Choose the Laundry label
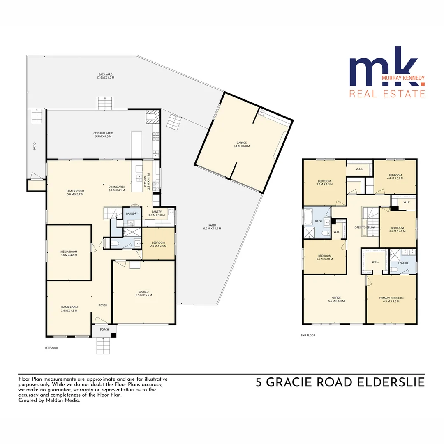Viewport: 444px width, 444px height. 132,214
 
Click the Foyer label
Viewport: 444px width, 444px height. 103,305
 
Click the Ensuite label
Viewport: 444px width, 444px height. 403,263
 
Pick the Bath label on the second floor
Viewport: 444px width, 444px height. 318,221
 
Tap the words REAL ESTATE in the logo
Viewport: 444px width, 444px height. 387,94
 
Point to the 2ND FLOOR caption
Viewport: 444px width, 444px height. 308,335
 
